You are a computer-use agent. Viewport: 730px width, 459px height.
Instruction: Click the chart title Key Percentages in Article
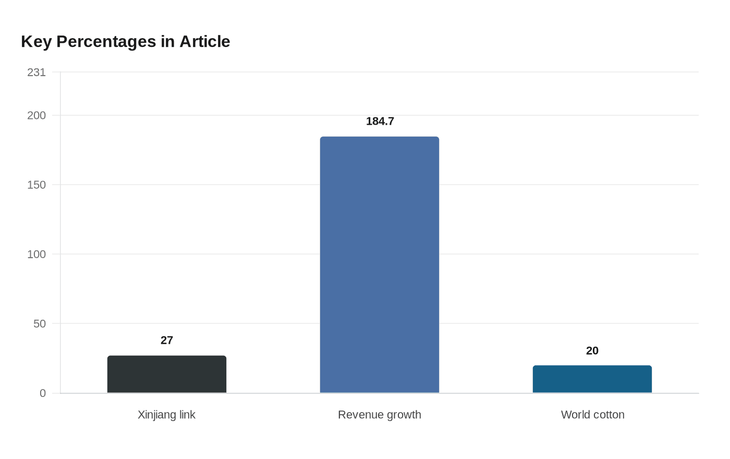click(x=125, y=42)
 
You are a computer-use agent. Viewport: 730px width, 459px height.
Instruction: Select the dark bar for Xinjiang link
click(x=167, y=375)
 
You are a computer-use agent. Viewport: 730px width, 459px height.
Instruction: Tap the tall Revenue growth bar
click(x=380, y=265)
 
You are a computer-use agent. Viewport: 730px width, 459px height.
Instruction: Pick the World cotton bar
click(x=592, y=379)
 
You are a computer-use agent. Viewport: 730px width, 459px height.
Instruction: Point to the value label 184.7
click(x=380, y=122)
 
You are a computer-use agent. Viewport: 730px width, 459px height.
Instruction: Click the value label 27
click(x=167, y=341)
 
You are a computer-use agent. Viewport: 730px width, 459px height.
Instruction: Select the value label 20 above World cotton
click(x=592, y=351)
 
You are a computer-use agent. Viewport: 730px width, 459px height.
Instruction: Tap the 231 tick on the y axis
click(x=36, y=73)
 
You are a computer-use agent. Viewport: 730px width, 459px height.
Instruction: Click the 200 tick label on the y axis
click(x=36, y=115)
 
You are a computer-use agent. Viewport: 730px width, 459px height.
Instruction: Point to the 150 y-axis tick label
click(x=36, y=185)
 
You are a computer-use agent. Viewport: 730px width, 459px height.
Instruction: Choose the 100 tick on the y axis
click(x=36, y=254)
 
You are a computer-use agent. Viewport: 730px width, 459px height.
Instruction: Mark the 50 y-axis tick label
click(x=40, y=324)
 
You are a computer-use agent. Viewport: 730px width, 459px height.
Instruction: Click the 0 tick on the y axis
click(x=43, y=393)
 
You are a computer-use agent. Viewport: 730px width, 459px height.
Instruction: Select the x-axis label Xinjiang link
click(x=166, y=415)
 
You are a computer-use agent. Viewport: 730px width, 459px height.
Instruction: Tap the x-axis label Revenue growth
click(x=380, y=415)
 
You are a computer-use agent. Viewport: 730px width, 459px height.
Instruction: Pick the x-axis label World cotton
click(x=593, y=415)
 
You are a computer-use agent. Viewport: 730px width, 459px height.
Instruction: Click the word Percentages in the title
click(x=106, y=42)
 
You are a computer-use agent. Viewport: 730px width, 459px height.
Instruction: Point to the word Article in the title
click(x=204, y=42)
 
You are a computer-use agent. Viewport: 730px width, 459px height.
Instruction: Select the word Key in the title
click(x=36, y=42)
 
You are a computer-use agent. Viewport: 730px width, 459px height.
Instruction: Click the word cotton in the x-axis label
click(x=609, y=415)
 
